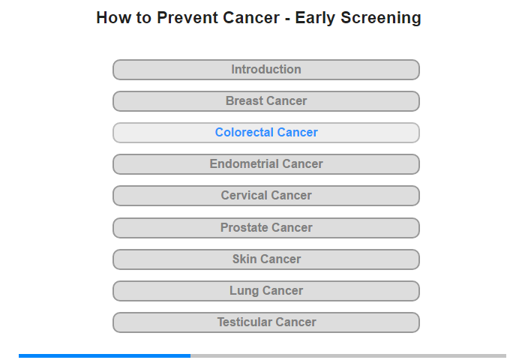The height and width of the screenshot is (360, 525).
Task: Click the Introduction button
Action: click(x=266, y=70)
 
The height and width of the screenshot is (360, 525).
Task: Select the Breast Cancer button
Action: click(x=266, y=101)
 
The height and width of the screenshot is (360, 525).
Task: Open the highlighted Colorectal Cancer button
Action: click(x=266, y=133)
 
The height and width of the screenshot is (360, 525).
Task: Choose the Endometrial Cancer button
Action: click(x=266, y=164)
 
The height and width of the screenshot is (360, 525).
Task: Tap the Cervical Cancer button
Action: click(x=266, y=196)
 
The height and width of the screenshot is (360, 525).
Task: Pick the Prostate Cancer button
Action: click(x=266, y=228)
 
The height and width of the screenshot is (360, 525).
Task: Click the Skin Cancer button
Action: click(x=266, y=259)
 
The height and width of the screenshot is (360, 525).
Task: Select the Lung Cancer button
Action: click(x=266, y=291)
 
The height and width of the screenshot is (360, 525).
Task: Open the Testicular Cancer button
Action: click(x=266, y=322)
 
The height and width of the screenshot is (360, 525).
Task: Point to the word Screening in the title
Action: click(x=381, y=18)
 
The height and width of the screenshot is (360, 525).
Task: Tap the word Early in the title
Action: click(x=315, y=18)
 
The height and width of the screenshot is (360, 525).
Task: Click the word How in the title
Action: click(x=113, y=17)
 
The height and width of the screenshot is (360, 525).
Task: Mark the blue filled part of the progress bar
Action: click(x=104, y=355)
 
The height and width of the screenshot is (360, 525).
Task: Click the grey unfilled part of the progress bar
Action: click(x=348, y=355)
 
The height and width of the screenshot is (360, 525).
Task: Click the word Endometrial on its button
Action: click(x=244, y=163)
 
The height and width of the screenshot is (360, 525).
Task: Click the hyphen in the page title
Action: click(x=287, y=19)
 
